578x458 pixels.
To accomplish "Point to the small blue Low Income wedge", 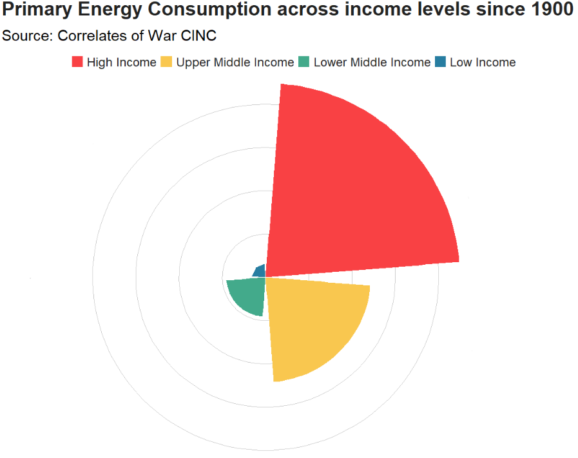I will coord(260,271).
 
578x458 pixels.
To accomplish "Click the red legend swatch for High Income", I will coord(77,62).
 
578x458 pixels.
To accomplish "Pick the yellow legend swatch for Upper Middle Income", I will coord(167,62).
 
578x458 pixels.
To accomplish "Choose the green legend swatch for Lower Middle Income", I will coord(304,62).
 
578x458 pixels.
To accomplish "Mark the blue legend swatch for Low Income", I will coord(440,62).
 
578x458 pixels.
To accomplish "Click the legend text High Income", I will coord(121,62).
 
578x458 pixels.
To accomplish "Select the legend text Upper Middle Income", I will coord(235,62).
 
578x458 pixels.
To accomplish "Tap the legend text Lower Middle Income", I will coord(372,62).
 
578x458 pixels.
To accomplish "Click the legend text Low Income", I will coord(483,62).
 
